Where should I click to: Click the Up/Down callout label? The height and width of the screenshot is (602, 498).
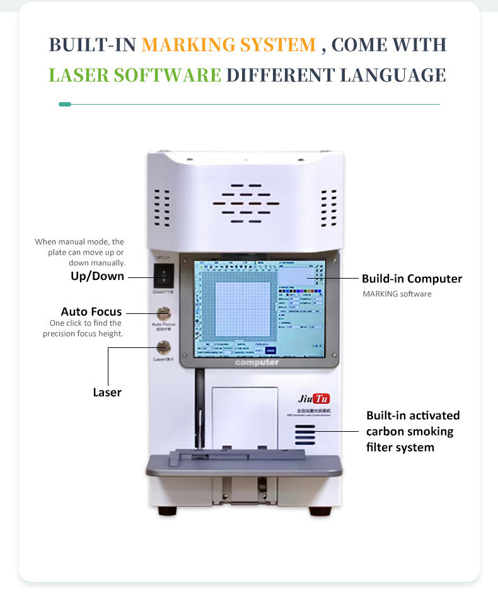97,276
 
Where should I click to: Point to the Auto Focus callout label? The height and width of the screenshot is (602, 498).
91,311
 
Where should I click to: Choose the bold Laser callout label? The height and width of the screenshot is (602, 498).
107,392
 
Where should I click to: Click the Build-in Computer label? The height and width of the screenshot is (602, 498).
412,279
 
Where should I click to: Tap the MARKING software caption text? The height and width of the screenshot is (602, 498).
397,294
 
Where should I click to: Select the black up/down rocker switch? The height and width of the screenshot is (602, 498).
163,275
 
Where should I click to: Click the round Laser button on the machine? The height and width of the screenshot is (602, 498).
163,346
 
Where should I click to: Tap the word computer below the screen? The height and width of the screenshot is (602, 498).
257,362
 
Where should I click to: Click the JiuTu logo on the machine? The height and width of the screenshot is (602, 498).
313,398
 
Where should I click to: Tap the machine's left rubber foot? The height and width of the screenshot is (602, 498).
166,510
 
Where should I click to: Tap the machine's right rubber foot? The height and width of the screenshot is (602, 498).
325,510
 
